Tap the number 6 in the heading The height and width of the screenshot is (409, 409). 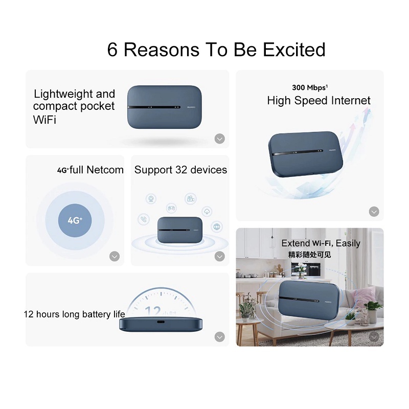[x=112, y=50]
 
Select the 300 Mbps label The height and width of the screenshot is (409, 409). [x=310, y=87]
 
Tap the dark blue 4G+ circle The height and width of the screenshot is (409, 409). [x=75, y=220]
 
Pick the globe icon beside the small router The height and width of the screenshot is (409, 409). [x=217, y=226]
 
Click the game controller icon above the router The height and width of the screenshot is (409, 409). [x=171, y=208]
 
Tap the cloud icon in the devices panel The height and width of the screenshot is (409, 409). [x=207, y=211]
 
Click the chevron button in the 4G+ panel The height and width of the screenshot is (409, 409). [x=115, y=256]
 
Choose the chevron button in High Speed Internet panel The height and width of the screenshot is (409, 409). [x=374, y=212]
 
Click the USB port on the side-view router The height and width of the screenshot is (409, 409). [x=161, y=323]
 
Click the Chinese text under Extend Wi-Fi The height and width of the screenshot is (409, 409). [x=310, y=254]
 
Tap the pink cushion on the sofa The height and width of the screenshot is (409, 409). [x=365, y=297]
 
